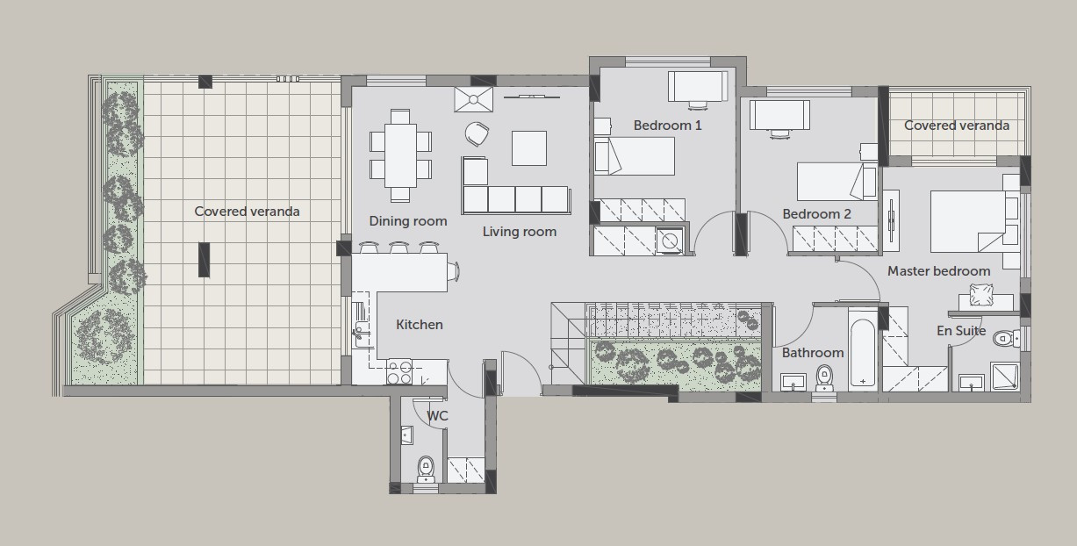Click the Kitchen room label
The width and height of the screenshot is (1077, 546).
420,325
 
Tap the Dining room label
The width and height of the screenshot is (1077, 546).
408,221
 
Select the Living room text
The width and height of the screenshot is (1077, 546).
520,232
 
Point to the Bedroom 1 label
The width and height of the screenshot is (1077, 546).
667,126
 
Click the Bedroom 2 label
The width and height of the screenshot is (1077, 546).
816,214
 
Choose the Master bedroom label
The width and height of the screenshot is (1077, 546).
938,271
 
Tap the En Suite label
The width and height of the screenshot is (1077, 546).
961,331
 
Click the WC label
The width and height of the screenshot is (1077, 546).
437,416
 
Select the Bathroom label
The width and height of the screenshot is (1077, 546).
813,353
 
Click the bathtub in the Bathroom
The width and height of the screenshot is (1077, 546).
863,352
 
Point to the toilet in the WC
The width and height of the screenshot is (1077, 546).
426,469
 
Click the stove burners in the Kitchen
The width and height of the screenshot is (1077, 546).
399,372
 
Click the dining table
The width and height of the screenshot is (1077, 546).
400,155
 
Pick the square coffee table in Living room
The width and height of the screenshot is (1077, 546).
529,148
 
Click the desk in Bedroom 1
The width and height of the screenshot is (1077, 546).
698,87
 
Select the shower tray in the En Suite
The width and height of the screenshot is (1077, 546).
1005,376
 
